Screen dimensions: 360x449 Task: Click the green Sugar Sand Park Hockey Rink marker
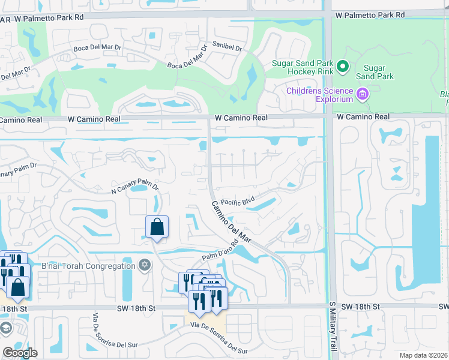343,66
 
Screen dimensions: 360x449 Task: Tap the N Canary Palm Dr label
134,188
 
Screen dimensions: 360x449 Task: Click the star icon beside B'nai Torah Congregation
145,265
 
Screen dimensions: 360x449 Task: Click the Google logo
20,353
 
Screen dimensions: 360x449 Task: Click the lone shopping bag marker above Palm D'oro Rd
157,228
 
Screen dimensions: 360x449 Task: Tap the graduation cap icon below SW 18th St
5,329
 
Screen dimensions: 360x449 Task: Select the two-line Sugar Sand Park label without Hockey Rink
375,72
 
